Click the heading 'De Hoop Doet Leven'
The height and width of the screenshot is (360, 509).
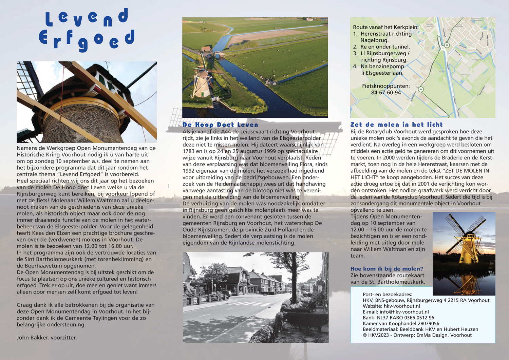point(220,125)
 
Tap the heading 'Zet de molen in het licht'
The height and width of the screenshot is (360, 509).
point(396,125)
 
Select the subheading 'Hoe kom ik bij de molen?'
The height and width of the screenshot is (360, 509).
point(387,269)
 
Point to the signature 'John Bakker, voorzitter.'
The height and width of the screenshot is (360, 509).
point(46,338)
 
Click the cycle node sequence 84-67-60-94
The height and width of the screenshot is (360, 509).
point(386,93)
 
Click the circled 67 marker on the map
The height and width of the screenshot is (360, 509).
point(447,45)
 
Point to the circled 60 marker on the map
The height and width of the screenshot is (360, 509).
point(421,89)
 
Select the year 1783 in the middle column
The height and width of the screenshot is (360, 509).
point(189,151)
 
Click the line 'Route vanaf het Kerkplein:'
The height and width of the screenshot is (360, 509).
point(385,27)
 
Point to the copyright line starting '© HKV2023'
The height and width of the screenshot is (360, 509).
point(417,335)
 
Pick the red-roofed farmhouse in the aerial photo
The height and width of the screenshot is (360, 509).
point(206,49)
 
